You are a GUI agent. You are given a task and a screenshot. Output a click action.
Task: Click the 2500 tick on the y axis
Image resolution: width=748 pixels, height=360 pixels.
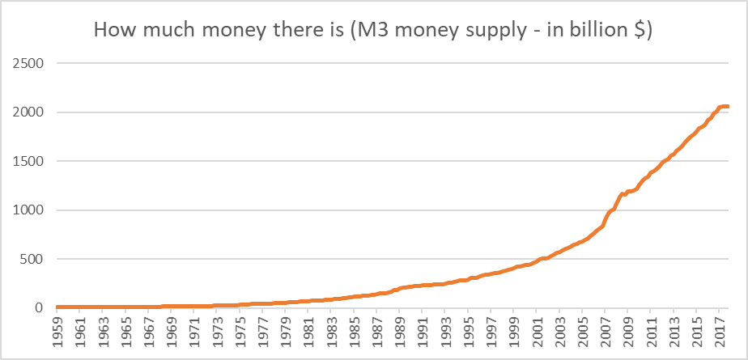pos(26,63)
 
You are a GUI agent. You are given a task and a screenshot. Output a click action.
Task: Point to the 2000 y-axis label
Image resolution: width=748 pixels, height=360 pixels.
pos(26,112)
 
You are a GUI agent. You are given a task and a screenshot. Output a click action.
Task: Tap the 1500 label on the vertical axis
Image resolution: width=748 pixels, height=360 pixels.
pos(26,161)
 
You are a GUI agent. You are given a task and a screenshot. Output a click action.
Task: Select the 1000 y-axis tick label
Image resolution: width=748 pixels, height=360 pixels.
pos(26,210)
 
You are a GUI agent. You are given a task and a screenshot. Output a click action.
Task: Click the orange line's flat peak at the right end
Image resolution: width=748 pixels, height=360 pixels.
pos(723,107)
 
